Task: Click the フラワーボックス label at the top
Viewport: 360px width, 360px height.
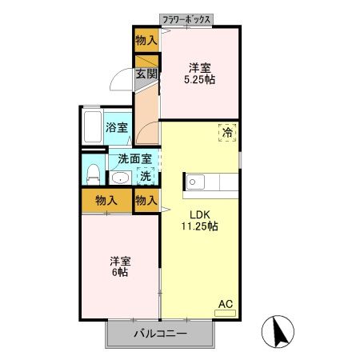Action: pyautogui.click(x=186, y=18)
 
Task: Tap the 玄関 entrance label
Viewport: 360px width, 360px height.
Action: pyautogui.click(x=146, y=74)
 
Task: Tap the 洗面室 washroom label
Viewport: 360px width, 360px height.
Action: pyautogui.click(x=130, y=160)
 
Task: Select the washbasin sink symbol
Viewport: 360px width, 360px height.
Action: pyautogui.click(x=121, y=178)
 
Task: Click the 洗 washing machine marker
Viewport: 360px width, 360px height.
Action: pyautogui.click(x=146, y=177)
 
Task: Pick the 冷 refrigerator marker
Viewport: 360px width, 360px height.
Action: pyautogui.click(x=227, y=134)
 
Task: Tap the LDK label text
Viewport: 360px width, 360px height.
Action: pyautogui.click(x=200, y=214)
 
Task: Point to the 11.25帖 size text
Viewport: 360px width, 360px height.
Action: pyautogui.click(x=201, y=226)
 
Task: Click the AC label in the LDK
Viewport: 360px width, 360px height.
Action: pyautogui.click(x=226, y=303)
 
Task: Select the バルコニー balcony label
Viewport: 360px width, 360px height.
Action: pyautogui.click(x=160, y=334)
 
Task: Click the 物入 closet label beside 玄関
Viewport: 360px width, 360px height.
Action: pyautogui.click(x=146, y=39)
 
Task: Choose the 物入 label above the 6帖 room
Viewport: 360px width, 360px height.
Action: pyautogui.click(x=105, y=200)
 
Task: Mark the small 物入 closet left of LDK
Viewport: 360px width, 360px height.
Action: pyautogui.click(x=146, y=200)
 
